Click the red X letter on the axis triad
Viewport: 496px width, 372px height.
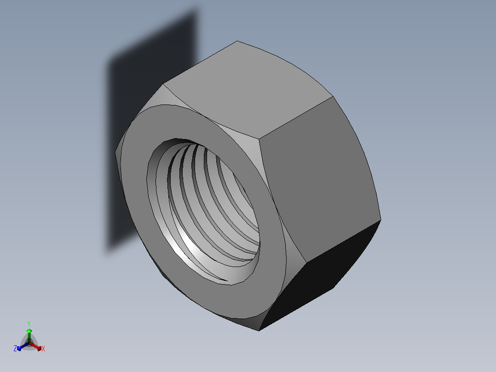click(x=43, y=349)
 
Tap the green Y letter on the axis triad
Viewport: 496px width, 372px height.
click(x=29, y=324)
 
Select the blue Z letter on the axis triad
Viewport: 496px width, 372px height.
click(x=15, y=349)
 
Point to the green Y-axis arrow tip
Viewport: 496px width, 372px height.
click(x=29, y=331)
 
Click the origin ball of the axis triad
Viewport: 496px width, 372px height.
click(x=29, y=343)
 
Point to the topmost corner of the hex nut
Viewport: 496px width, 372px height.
click(x=237, y=41)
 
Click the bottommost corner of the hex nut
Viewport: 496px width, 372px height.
click(x=259, y=330)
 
